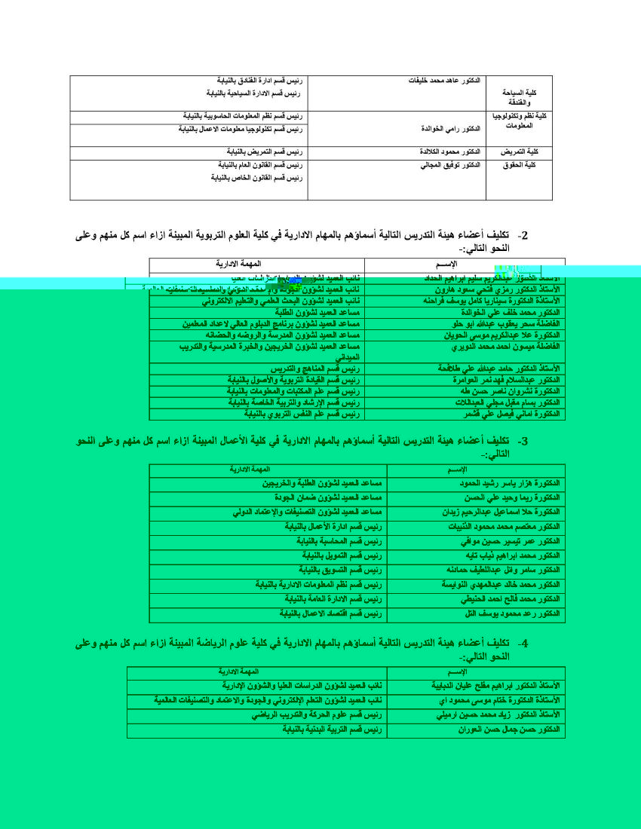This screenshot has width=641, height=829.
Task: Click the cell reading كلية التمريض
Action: click(x=518, y=152)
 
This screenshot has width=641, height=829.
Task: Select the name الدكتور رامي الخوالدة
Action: click(x=450, y=128)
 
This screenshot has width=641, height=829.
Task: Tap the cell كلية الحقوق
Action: click(x=519, y=165)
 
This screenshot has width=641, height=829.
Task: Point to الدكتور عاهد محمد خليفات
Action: click(x=444, y=80)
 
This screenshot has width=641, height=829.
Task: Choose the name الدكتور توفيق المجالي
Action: click(x=450, y=165)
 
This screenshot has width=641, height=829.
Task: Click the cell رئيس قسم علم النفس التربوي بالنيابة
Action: click(x=302, y=414)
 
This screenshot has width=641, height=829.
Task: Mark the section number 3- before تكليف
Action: click(x=521, y=441)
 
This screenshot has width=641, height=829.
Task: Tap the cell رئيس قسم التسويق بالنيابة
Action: click(x=337, y=570)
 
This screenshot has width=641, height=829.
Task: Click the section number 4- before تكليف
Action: click(x=521, y=643)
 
